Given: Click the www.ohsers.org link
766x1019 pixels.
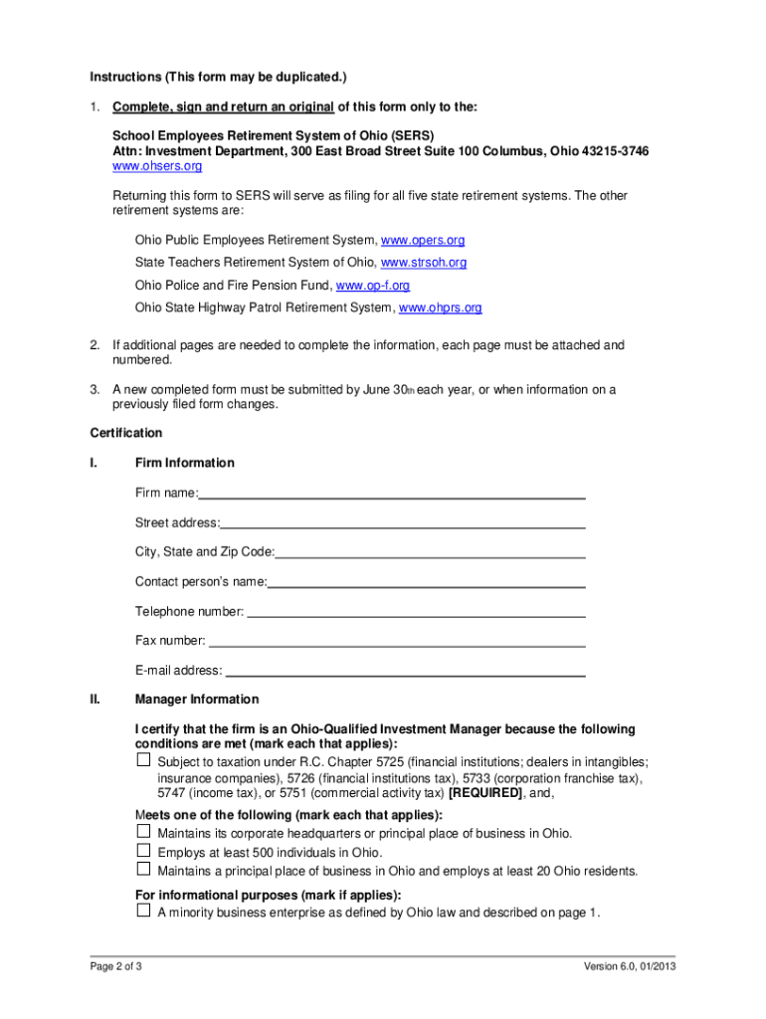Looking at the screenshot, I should (x=157, y=166).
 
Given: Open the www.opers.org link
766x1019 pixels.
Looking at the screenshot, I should (x=423, y=241).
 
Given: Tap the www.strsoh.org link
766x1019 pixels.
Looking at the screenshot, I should (x=424, y=263).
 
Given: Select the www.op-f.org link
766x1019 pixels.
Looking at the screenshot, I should (x=372, y=286).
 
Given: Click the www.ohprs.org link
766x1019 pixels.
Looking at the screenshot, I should (x=440, y=307).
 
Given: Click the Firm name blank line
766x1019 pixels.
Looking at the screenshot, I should (x=392, y=494).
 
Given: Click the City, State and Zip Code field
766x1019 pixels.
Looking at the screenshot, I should (x=430, y=552).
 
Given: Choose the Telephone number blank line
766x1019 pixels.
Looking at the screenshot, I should (x=415, y=611).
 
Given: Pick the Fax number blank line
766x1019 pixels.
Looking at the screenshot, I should (x=396, y=641).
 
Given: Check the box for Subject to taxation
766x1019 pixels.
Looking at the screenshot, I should (x=143, y=760).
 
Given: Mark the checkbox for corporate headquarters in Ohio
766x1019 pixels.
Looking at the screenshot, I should (x=143, y=832).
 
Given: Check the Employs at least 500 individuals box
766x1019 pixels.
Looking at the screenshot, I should (x=143, y=852).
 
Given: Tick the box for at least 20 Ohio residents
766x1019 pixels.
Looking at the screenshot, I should (x=143, y=871).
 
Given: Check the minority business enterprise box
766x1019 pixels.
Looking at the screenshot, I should (x=143, y=911).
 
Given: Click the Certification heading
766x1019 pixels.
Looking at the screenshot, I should (x=126, y=433).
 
